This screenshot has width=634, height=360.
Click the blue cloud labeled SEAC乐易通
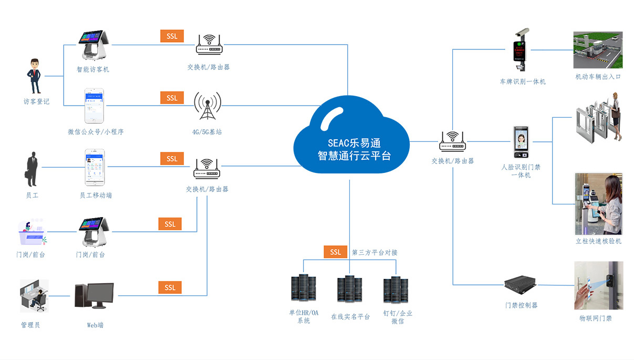pos(351,141)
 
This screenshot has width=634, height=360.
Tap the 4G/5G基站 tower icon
pos(207,108)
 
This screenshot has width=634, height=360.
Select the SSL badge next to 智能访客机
pos(172,36)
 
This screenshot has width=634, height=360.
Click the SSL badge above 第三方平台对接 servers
pos(335,252)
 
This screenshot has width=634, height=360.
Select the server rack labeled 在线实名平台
pos(350,290)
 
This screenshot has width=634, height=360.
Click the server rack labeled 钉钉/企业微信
pos(396,290)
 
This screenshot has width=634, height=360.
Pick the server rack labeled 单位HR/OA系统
pos(303,288)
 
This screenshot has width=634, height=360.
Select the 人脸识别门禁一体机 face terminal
pos(521,142)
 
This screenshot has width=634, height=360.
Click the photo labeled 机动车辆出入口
pos(598,50)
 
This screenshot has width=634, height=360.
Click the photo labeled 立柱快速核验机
pos(598,204)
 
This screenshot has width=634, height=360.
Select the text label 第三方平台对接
pos(375,253)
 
